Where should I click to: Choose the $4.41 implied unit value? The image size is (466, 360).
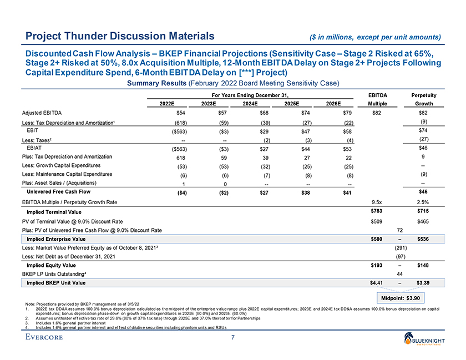point(378,283)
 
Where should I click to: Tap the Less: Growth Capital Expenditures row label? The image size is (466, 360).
point(62,165)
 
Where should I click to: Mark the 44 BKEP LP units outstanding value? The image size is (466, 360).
point(400,274)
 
